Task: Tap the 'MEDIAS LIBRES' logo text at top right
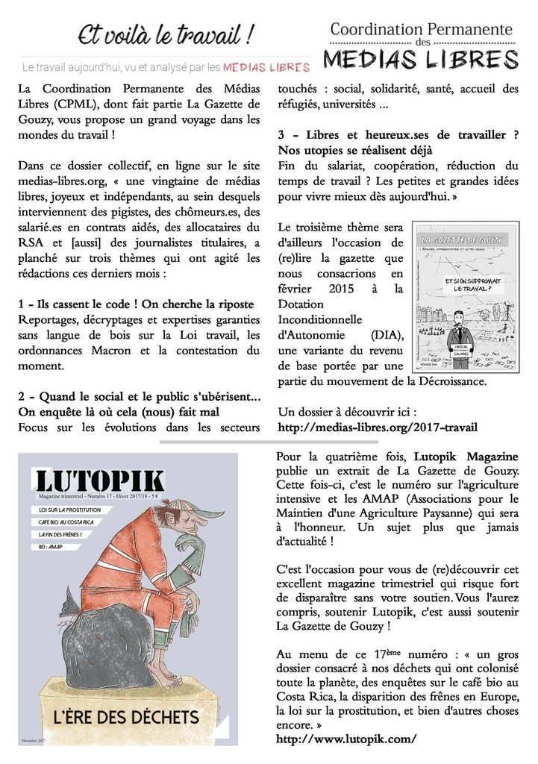point(422,58)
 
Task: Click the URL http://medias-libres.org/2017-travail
point(377,428)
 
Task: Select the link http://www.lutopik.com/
point(346,739)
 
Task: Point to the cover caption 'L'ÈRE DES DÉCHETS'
point(126,718)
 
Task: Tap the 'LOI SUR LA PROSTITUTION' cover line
point(67,509)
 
